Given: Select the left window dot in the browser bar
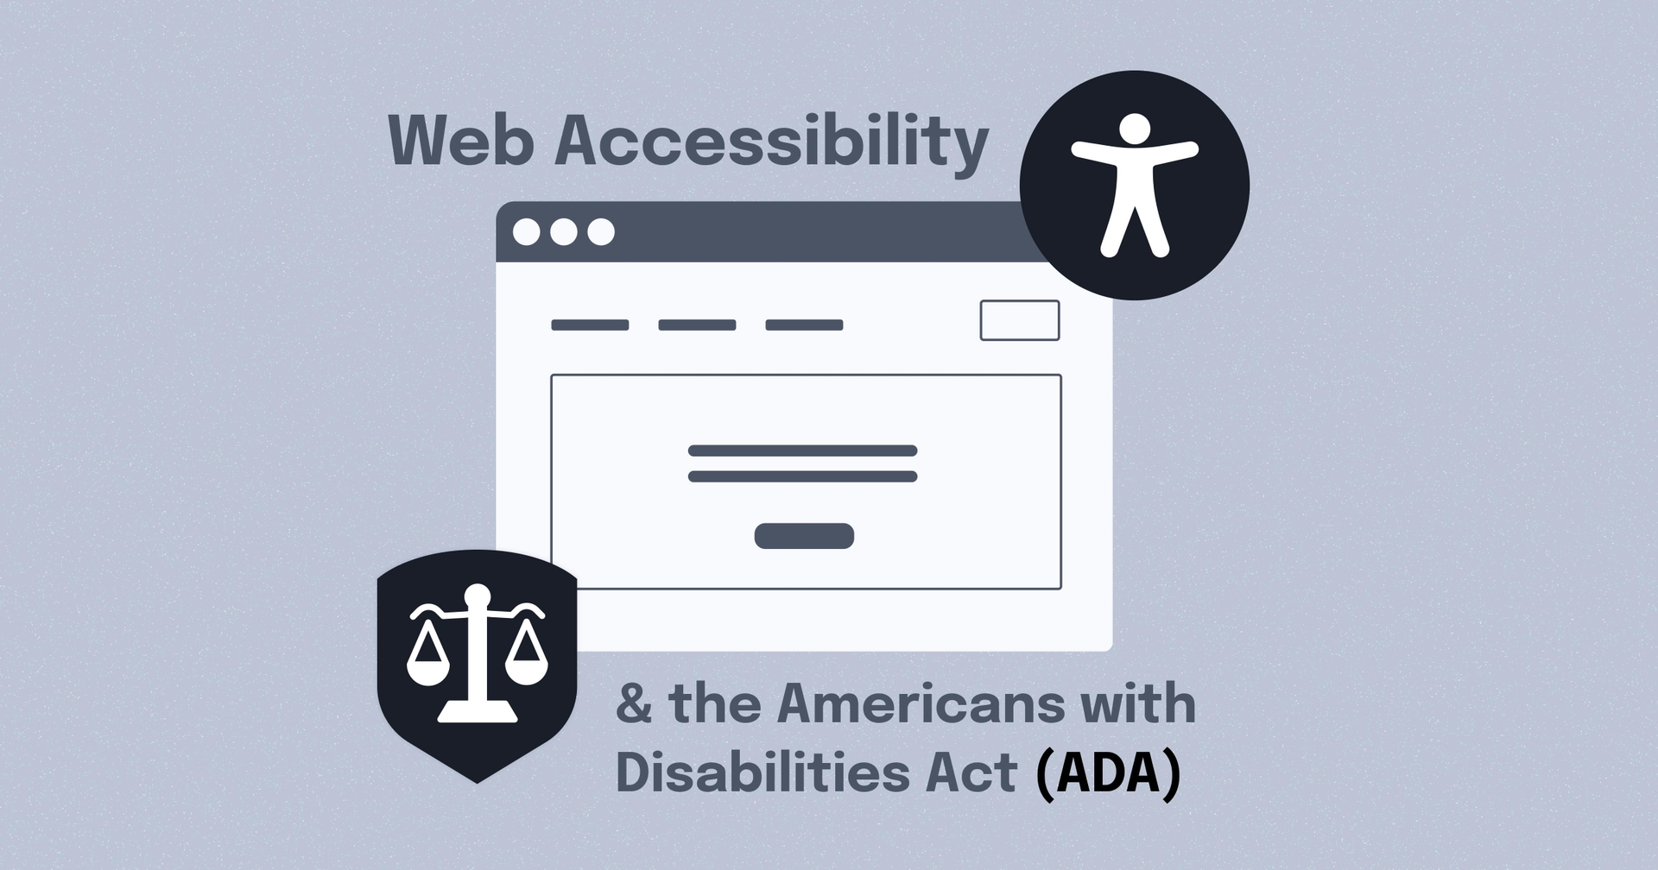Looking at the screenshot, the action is [x=526, y=232].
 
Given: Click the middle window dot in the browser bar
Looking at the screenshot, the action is [x=564, y=232].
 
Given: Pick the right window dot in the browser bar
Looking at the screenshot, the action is [x=601, y=232].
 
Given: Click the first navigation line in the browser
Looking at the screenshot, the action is [x=590, y=325].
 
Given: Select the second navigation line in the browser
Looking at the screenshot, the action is [x=697, y=325].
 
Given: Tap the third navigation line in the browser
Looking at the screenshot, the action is [x=804, y=325].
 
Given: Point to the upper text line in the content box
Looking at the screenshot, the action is [x=802, y=451].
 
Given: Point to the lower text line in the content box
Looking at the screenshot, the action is [x=802, y=476].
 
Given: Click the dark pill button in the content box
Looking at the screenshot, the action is [x=804, y=536].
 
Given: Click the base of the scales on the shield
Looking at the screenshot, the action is [x=478, y=713].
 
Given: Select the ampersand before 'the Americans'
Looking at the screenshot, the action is [x=634, y=704].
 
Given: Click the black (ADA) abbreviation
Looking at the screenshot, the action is [x=1108, y=774].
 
